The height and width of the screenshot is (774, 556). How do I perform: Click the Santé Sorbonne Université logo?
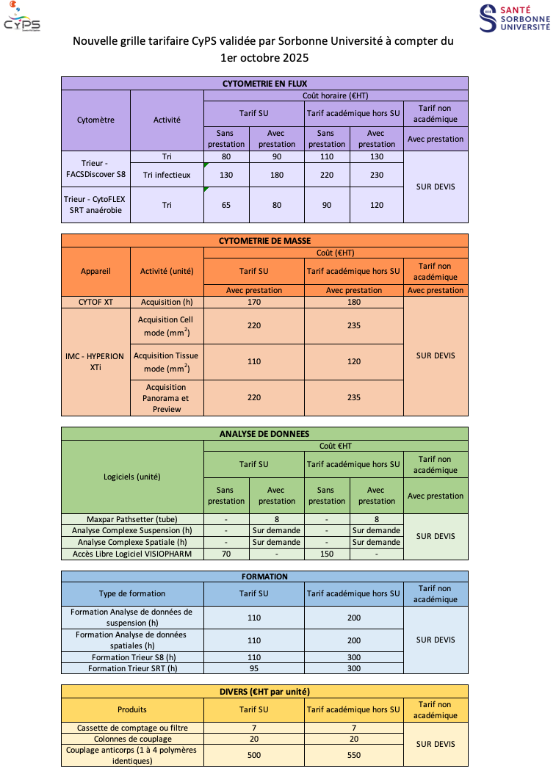514,18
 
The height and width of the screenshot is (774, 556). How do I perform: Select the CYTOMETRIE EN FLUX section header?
264,84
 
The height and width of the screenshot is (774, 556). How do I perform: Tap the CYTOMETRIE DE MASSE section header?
264,241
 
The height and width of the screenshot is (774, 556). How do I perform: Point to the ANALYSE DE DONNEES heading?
264,434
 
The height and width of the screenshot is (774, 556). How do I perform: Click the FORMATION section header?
264,576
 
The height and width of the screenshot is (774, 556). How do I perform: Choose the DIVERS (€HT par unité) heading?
264,691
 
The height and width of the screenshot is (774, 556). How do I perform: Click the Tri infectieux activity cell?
167,175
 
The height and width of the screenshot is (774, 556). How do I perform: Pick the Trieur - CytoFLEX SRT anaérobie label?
96,205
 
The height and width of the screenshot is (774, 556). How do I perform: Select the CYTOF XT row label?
96,302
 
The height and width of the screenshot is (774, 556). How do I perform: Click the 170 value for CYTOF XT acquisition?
254,302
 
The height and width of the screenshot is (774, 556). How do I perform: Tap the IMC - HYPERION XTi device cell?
96,361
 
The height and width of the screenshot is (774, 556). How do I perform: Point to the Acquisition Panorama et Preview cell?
167,398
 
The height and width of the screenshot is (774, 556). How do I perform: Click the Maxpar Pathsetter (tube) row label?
132,519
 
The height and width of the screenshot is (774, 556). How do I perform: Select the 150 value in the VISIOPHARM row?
327,554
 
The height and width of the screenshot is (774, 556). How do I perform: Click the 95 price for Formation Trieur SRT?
254,668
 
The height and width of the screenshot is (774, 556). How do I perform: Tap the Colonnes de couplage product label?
132,739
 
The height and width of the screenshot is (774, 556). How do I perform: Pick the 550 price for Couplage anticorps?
354,755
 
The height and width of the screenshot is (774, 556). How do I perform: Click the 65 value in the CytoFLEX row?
226,205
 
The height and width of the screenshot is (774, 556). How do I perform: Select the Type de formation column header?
132,593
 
